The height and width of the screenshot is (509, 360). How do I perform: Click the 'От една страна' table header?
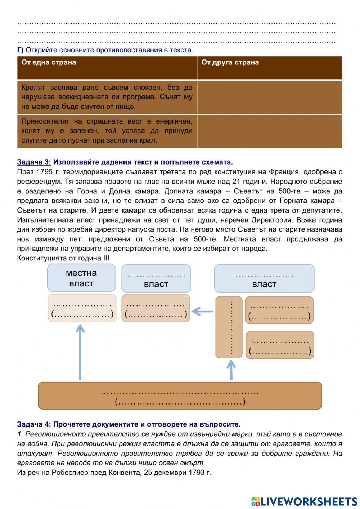tap(49, 62)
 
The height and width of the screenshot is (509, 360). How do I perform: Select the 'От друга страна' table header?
tap(230, 62)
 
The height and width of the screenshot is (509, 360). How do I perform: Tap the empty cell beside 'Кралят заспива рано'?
tap(270, 97)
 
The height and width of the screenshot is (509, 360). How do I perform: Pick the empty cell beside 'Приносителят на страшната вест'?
tap(270, 131)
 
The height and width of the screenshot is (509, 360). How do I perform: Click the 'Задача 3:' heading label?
tap(34, 162)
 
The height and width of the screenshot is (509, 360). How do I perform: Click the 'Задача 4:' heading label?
tap(34, 424)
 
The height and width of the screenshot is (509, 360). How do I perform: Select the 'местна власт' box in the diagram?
tap(81, 278)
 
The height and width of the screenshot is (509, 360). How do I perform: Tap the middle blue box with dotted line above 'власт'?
tap(156, 278)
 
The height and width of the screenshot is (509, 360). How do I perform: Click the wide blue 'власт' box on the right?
tap(264, 278)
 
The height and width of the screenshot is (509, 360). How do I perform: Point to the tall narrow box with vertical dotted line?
tap(229, 327)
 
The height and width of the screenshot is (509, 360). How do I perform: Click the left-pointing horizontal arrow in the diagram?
tap(202, 311)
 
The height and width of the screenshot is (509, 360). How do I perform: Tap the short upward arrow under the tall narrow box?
tap(231, 370)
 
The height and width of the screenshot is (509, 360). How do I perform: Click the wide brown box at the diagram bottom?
tap(180, 396)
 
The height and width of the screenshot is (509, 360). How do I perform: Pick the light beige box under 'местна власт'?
tap(82, 308)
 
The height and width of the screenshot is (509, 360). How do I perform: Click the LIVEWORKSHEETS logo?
tap(304, 501)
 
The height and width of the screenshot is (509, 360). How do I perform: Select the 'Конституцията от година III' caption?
tap(63, 258)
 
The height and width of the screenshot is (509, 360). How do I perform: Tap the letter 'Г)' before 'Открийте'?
tap(20, 50)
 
